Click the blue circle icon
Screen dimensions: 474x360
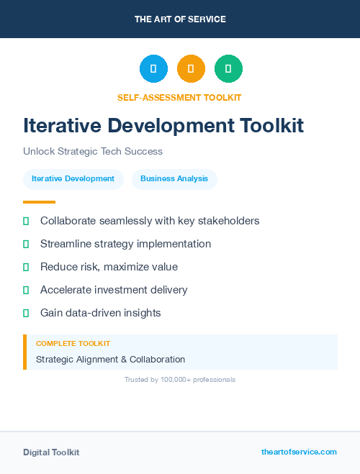click(153, 69)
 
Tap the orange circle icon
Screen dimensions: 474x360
click(191, 69)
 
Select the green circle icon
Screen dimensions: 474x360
click(228, 69)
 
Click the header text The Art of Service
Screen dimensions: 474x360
click(180, 19)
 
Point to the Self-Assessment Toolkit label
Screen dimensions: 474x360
click(179, 97)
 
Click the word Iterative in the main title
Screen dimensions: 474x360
click(62, 126)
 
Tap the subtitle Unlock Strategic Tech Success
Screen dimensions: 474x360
click(93, 152)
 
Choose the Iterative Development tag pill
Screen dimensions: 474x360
click(73, 179)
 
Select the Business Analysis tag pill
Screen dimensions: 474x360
click(174, 179)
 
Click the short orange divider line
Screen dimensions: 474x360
click(39, 202)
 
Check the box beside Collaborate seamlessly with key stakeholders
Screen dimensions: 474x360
click(26, 221)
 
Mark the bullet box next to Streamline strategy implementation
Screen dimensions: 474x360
click(26, 244)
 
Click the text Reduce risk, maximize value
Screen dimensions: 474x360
click(109, 267)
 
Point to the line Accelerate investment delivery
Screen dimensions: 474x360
click(114, 290)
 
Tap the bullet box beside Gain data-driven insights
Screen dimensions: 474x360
click(26, 313)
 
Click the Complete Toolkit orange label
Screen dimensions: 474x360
click(73, 344)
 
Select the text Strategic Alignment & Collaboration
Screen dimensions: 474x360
click(110, 359)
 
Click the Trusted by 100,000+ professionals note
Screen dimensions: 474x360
click(180, 379)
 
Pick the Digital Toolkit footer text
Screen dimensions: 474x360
click(51, 452)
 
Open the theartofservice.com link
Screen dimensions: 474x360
click(299, 452)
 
